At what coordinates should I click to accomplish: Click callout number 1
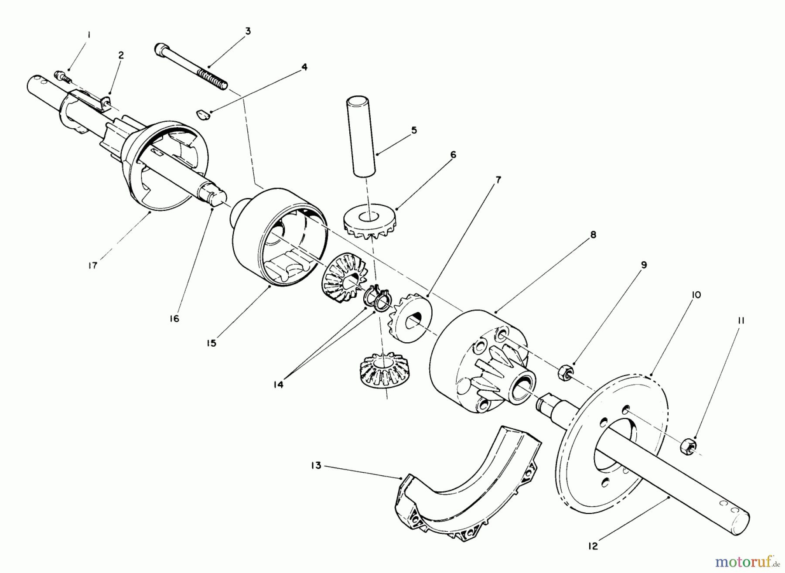pos(89,34)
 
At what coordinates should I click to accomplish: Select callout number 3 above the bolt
pos(248,31)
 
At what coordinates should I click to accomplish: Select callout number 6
pos(453,155)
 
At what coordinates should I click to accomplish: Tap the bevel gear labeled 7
pos(410,313)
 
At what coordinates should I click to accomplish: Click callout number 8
pos(593,235)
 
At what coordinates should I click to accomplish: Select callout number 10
pos(696,295)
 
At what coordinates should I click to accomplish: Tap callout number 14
pos(278,385)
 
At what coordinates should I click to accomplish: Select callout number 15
pos(211,343)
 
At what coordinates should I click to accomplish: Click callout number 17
pos(92,265)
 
